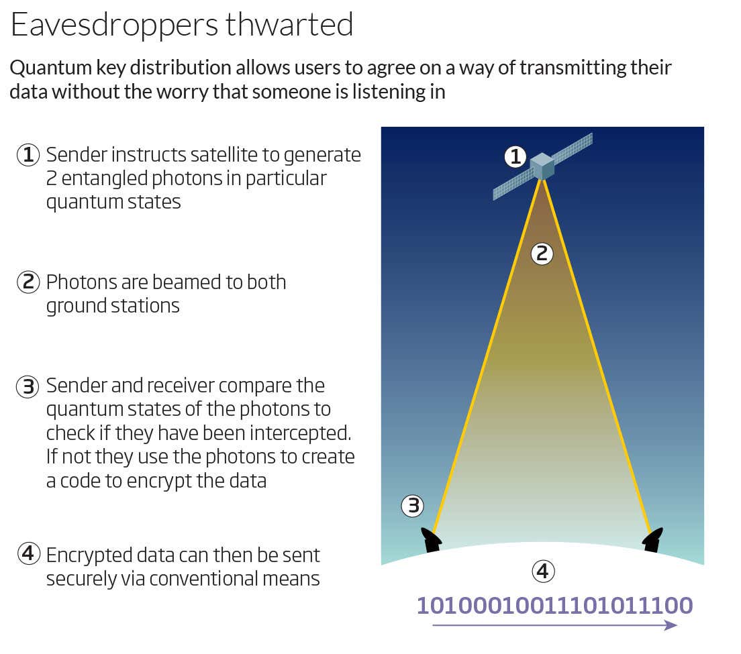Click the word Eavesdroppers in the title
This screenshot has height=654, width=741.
(114, 25)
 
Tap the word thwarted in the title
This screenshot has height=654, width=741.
(289, 25)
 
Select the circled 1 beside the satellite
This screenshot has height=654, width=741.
(515, 157)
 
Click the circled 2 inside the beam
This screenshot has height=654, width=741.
(542, 254)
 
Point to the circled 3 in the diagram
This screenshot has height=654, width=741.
(413, 506)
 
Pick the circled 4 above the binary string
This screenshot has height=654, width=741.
(543, 571)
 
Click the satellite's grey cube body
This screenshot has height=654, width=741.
(542, 166)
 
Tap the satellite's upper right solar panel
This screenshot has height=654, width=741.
(573, 148)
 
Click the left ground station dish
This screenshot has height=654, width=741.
(432, 540)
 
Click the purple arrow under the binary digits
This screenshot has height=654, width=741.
(555, 625)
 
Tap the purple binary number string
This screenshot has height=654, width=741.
(555, 605)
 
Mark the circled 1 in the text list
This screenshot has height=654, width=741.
(28, 154)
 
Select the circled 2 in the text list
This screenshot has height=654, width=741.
(28, 282)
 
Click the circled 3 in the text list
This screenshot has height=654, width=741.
(28, 386)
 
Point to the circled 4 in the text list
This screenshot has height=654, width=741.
(28, 553)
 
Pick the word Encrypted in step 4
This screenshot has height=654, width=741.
(89, 556)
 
